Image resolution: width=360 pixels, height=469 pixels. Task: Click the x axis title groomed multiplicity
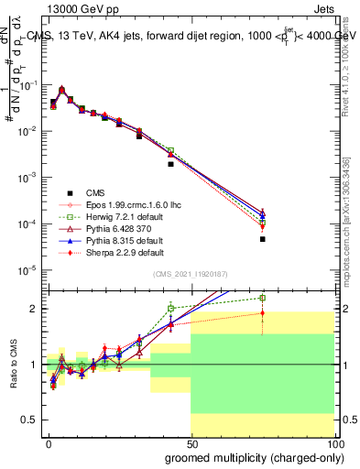pyautogui.click(x=250, y=456)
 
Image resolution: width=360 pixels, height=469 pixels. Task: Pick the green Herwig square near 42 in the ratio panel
pyautogui.click(x=170, y=308)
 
